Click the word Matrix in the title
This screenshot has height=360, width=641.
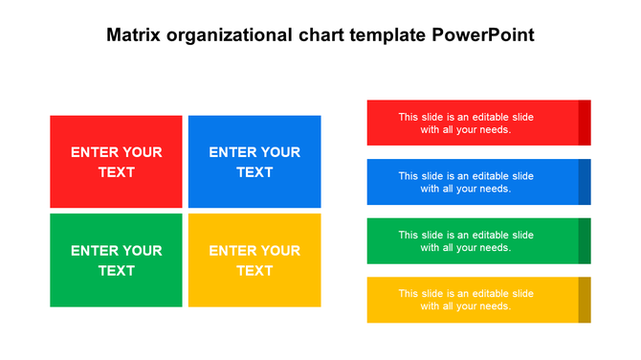tap(133, 35)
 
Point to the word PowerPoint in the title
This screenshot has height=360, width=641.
tap(483, 35)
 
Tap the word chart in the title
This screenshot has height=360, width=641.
tap(320, 35)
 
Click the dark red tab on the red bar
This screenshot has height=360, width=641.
tap(585, 123)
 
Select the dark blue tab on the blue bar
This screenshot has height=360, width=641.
tap(585, 182)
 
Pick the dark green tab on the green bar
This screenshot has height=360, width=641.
tap(585, 241)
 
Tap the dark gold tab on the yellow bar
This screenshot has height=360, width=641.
tap(585, 300)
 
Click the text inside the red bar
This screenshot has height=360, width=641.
tap(466, 123)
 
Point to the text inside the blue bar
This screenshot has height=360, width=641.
tap(466, 182)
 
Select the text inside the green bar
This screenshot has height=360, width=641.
tap(466, 241)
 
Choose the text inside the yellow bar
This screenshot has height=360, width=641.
tap(466, 300)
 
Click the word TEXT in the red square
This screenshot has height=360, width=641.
tap(116, 172)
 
